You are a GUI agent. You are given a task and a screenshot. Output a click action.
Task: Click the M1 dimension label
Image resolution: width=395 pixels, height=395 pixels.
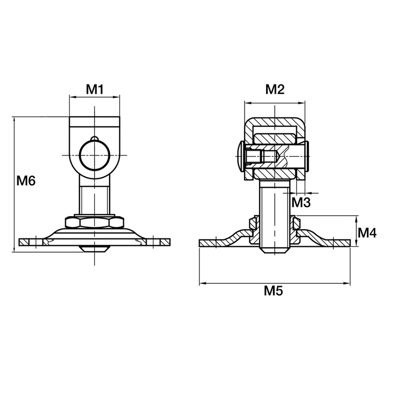click(94, 89)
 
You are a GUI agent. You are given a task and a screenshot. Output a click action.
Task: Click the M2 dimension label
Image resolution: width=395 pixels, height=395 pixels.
click(275, 89)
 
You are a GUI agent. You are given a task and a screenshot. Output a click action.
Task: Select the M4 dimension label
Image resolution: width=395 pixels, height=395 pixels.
click(367, 233)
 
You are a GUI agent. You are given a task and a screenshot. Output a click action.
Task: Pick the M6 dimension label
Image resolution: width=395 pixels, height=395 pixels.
click(26, 181)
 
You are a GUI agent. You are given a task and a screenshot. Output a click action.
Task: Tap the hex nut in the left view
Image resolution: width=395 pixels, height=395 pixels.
click(94, 223)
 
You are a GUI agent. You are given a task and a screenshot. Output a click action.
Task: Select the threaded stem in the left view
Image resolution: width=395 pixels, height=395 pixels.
click(94, 197)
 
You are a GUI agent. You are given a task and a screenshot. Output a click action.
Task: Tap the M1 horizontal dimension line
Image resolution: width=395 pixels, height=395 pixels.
click(94, 97)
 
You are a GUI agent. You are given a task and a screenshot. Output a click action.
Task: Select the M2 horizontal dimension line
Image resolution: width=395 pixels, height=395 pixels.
click(274, 103)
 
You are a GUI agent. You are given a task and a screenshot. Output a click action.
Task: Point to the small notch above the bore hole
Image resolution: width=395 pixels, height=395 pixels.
click(94, 138)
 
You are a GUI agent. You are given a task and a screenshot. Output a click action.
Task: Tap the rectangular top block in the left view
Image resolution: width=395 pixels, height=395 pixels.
click(94, 121)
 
